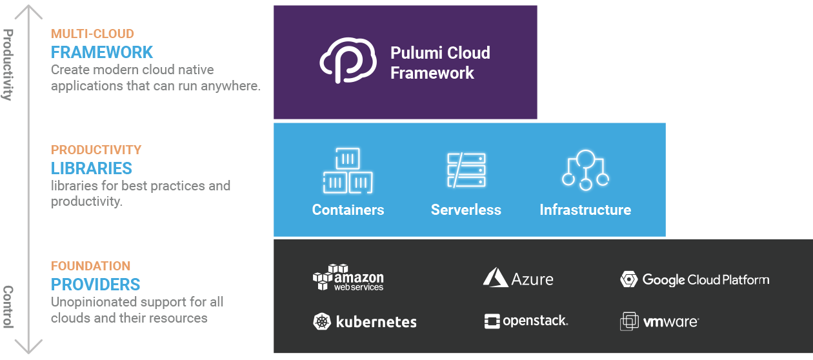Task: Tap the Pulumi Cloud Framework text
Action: click(440, 63)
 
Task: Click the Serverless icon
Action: click(466, 170)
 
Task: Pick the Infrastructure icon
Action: click(585, 170)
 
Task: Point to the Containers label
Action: click(348, 210)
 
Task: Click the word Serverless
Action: click(466, 210)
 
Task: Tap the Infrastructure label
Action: click(585, 210)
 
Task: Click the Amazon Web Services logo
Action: click(348, 278)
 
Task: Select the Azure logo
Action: click(518, 278)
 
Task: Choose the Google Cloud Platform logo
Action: click(695, 279)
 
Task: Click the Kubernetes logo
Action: click(365, 321)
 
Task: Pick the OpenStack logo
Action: click(526, 321)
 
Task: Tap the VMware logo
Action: click(659, 321)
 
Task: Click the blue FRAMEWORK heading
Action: click(102, 52)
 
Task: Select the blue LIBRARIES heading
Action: click(92, 168)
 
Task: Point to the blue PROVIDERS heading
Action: click(95, 285)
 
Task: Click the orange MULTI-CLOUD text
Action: click(92, 34)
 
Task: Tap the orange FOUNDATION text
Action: click(91, 266)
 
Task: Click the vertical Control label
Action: click(8, 307)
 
